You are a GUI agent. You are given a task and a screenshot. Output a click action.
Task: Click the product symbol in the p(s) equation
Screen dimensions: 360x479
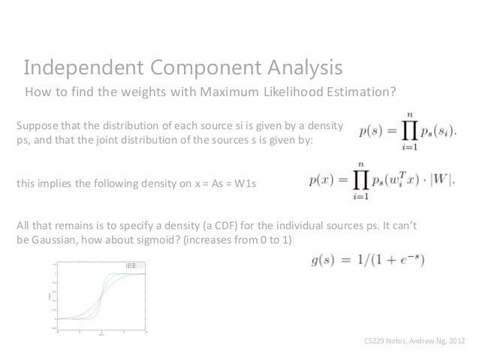(408, 132)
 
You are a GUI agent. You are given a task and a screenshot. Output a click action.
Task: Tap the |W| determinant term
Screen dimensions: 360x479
(440, 181)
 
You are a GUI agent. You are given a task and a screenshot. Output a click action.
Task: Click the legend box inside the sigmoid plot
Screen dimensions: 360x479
(134, 265)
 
